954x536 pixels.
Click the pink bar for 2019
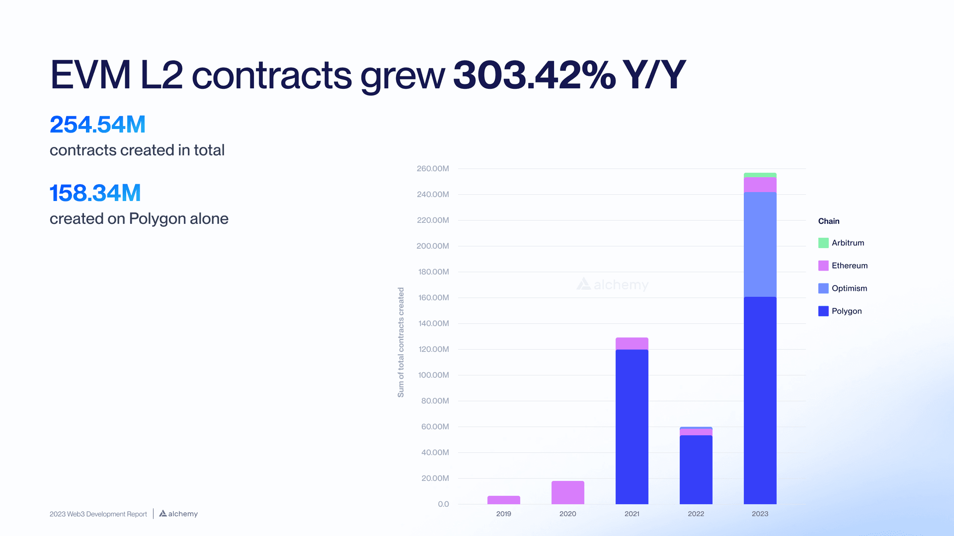pyautogui.click(x=503, y=500)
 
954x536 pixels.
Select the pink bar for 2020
pyautogui.click(x=567, y=492)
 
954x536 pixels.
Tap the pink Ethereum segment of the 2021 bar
pyautogui.click(x=632, y=343)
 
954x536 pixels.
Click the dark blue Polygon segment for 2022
pyautogui.click(x=696, y=469)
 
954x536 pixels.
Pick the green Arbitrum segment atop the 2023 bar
pyautogui.click(x=760, y=175)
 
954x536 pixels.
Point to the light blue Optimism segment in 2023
pyautogui.click(x=760, y=244)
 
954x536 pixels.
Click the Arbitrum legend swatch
pyautogui.click(x=823, y=243)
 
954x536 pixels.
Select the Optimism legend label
pyautogui.click(x=849, y=288)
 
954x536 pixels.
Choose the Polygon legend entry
pyautogui.click(x=847, y=311)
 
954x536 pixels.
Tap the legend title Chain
pyautogui.click(x=829, y=221)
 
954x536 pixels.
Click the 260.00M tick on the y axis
pyautogui.click(x=433, y=169)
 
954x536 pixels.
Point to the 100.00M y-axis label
pyautogui.click(x=433, y=375)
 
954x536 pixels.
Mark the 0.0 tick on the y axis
pyautogui.click(x=443, y=504)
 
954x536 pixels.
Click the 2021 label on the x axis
pyautogui.click(x=632, y=514)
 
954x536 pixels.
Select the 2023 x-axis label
pyautogui.click(x=760, y=514)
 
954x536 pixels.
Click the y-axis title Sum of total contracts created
pyautogui.click(x=401, y=342)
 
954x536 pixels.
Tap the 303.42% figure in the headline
pyautogui.click(x=534, y=75)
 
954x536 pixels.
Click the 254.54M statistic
pyautogui.click(x=97, y=125)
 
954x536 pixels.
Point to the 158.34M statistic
pyautogui.click(x=95, y=193)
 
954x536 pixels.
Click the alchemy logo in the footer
pyautogui.click(x=178, y=514)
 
